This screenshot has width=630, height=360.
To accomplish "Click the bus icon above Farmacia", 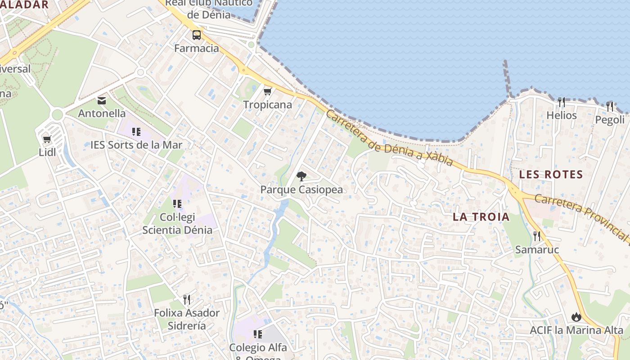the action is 197,35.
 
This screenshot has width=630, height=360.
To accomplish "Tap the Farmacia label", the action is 197,48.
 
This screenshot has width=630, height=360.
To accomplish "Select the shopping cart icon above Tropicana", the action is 268,91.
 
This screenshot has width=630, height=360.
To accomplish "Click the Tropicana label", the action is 268,105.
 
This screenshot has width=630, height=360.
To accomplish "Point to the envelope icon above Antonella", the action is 102,100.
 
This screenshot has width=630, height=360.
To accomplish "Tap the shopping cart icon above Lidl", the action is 47,139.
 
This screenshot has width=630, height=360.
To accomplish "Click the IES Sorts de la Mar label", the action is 136,145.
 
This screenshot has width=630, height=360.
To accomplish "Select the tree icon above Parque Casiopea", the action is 301,176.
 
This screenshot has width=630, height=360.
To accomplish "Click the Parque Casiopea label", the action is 301,189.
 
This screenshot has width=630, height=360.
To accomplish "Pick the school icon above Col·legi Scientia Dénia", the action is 177,204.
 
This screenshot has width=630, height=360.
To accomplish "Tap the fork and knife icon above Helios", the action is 561,102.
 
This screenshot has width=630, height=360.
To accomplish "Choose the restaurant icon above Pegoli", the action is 610,106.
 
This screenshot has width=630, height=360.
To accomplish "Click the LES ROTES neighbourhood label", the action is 551,174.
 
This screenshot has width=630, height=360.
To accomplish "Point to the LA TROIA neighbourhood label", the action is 481,217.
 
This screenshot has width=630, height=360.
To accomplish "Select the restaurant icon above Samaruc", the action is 537,236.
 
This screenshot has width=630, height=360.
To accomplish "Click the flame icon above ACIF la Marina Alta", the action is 576,317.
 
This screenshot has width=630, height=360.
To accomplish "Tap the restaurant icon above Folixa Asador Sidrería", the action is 187,299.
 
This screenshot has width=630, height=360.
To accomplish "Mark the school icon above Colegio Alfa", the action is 258,334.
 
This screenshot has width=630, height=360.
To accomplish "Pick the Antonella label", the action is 102,113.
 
